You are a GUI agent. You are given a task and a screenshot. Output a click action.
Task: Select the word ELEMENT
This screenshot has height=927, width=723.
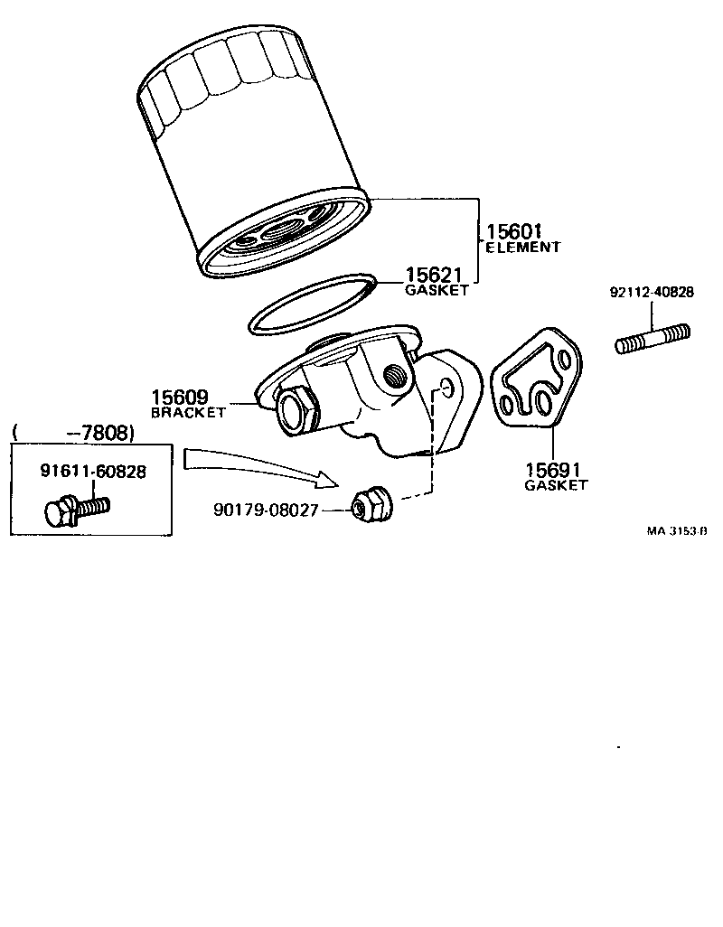coord(523,247)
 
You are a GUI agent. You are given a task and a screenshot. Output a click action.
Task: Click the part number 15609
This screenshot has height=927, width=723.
coord(180,398)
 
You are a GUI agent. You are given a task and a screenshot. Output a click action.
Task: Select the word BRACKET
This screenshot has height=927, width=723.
coord(187,412)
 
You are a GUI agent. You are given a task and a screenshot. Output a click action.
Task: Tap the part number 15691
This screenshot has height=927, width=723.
coord(555,470)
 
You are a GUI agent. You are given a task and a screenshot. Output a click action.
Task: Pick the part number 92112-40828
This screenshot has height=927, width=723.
coord(651,293)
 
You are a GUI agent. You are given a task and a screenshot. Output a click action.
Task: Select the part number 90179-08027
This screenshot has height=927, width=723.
coord(266,510)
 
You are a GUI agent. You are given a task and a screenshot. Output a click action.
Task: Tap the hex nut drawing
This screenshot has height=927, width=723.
coord(370,502)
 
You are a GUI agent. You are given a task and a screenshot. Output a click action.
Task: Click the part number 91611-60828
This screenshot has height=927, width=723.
coord(93,471)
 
